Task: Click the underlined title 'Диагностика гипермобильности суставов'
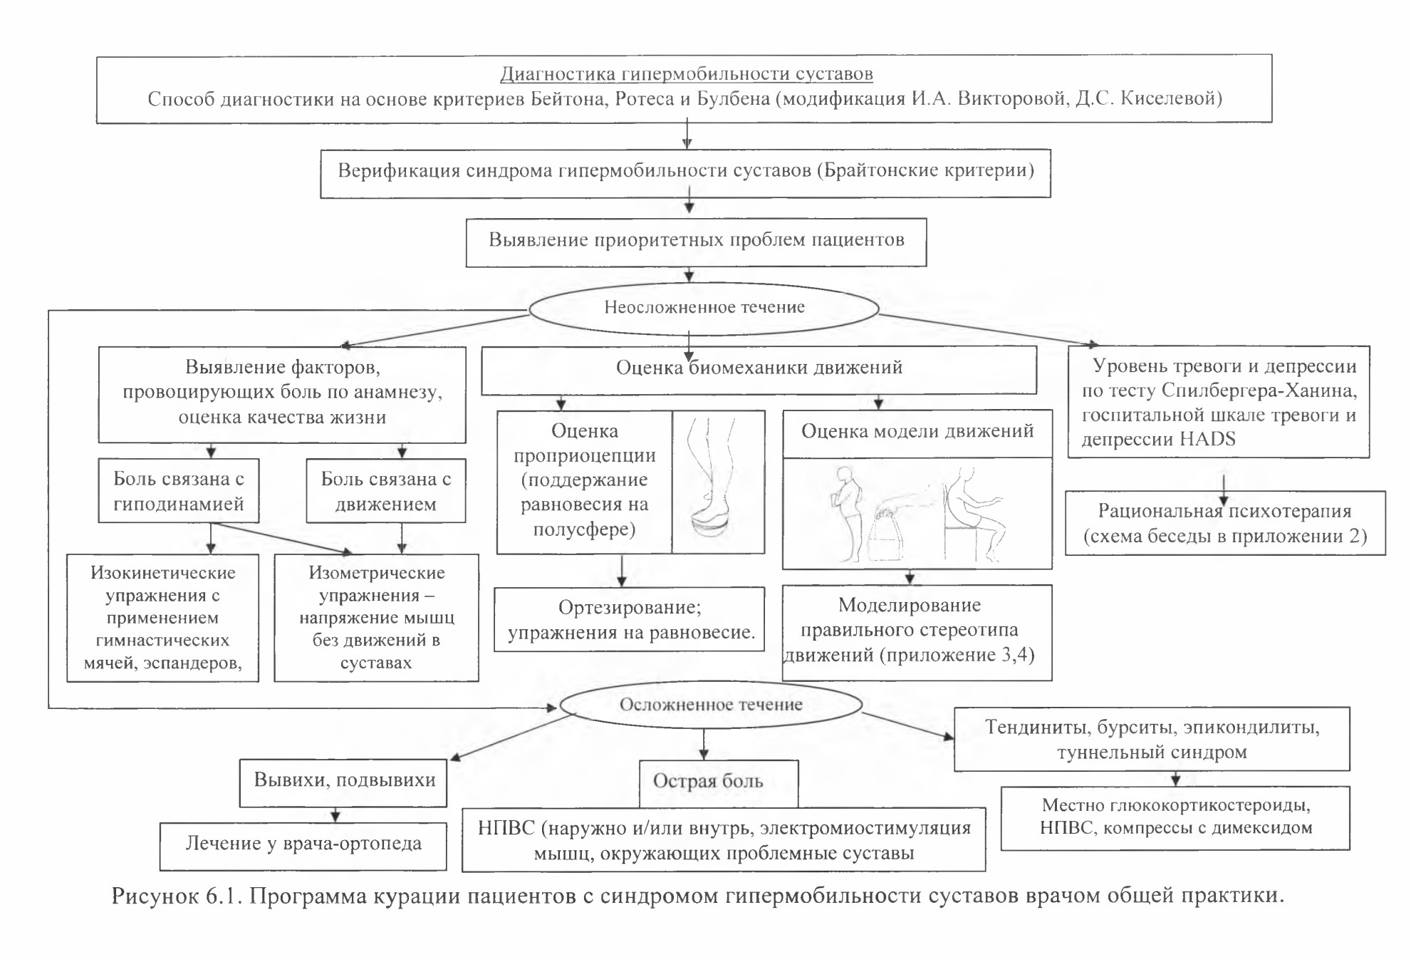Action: (x=687, y=74)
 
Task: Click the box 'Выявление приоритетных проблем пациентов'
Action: (x=696, y=242)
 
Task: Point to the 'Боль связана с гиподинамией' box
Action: (x=179, y=491)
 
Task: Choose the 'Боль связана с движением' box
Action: (x=386, y=491)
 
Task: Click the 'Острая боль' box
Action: (x=719, y=782)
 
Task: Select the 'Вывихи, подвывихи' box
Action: (x=343, y=782)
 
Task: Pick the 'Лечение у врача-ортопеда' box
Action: (x=303, y=846)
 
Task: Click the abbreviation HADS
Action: (x=1207, y=439)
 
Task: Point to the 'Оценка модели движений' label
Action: (x=917, y=431)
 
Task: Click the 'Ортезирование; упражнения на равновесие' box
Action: (x=630, y=619)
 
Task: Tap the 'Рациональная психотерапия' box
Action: (x=1225, y=523)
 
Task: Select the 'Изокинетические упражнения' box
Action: (x=163, y=618)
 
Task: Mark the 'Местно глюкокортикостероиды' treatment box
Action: (x=1175, y=818)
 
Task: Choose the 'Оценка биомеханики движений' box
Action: (x=759, y=371)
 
